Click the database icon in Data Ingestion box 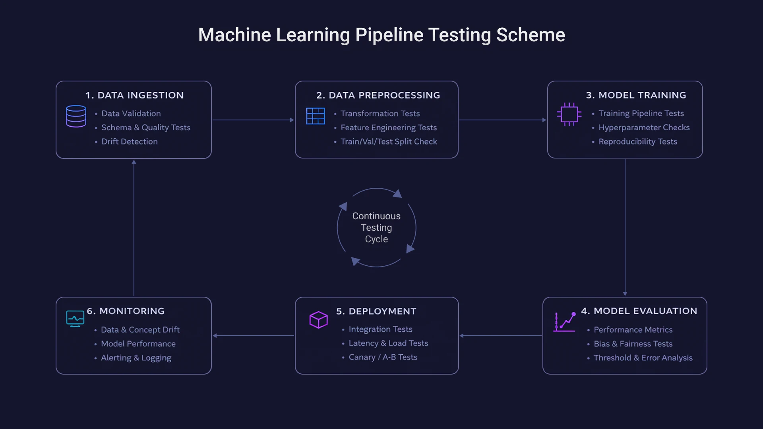tap(76, 116)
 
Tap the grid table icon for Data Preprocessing tap(316, 116)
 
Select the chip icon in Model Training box tap(569, 114)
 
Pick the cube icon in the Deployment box tap(318, 320)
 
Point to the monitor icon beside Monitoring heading tap(75, 319)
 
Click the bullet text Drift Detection tap(129, 141)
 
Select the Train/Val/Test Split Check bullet tap(388, 141)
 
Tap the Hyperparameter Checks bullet tap(644, 128)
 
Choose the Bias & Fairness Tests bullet tap(633, 344)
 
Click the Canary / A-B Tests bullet tap(383, 357)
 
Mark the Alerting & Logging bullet tap(136, 357)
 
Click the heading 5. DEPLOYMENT tap(376, 311)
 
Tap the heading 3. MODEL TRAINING tap(636, 95)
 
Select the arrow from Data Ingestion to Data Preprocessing tap(253, 120)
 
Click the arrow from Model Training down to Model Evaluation tap(625, 226)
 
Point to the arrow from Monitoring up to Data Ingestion tap(134, 228)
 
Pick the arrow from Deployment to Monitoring tap(254, 336)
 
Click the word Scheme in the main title tap(531, 35)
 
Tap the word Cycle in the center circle tap(376, 239)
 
